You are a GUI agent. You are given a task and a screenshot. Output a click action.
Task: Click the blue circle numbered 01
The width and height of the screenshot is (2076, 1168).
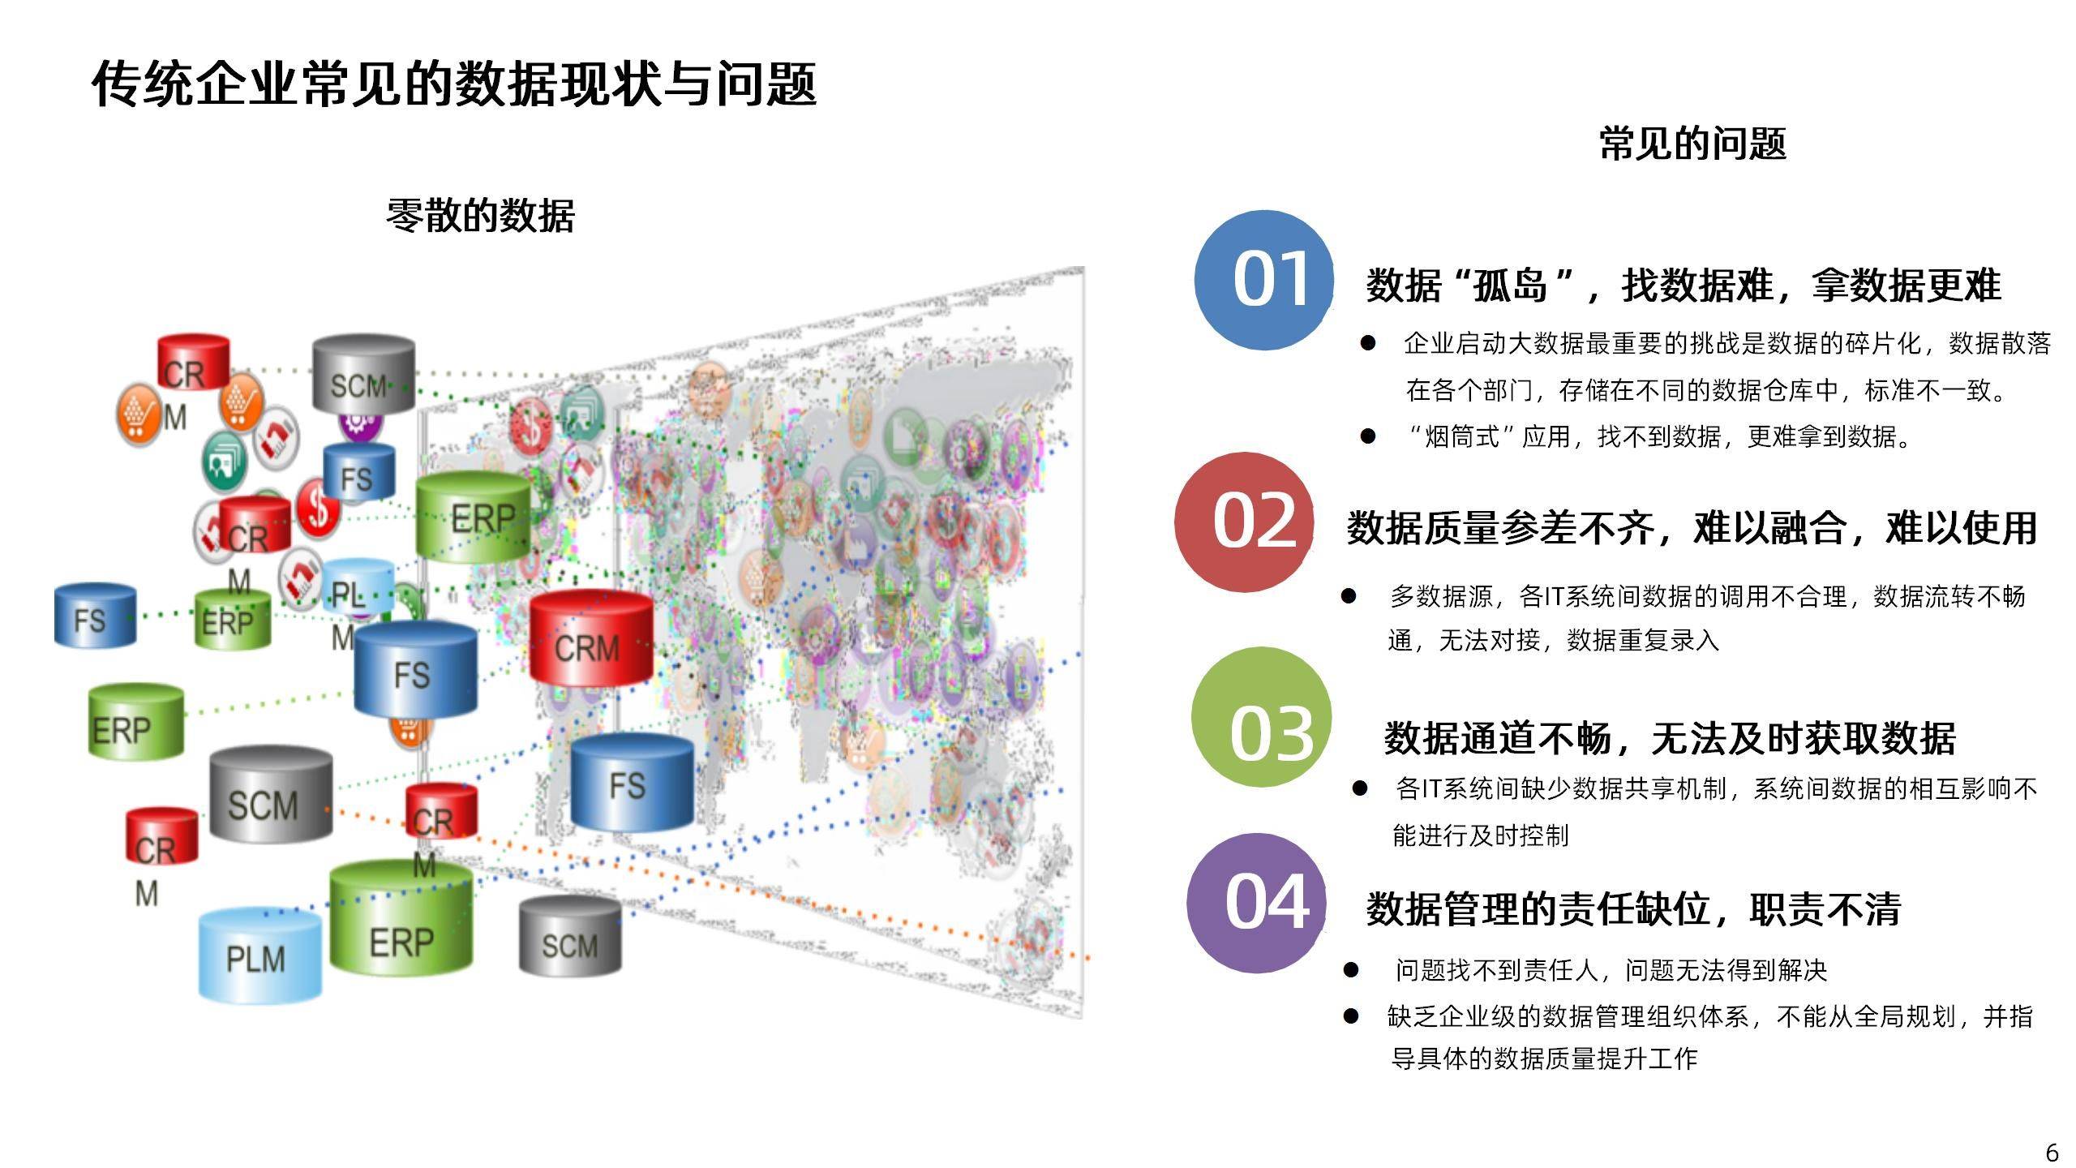pyautogui.click(x=1264, y=280)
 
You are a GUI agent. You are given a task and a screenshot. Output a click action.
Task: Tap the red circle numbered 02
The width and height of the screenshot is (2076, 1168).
pyautogui.click(x=1244, y=522)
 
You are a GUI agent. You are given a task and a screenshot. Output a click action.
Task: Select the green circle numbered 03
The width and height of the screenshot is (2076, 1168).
pyautogui.click(x=1262, y=717)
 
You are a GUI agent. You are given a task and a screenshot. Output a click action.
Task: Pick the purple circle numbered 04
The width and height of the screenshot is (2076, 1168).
pyautogui.click(x=1257, y=903)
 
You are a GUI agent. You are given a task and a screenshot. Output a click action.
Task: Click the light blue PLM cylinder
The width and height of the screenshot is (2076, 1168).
pyautogui.click(x=260, y=954)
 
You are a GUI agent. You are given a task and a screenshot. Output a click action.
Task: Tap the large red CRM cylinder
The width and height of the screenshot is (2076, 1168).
pyautogui.click(x=591, y=638)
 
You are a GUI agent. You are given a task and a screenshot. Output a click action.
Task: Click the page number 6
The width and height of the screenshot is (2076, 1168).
pyautogui.click(x=2052, y=1152)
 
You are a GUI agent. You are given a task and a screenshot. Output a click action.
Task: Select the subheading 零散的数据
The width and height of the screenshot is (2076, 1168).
pyautogui.click(x=480, y=217)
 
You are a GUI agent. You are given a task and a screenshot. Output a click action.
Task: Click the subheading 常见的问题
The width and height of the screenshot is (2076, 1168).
pyautogui.click(x=1692, y=144)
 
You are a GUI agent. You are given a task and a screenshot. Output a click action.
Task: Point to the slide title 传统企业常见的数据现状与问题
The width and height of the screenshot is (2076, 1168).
pyautogui.click(x=454, y=84)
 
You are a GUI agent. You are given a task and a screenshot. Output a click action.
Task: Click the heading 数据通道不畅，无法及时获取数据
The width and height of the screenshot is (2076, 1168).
pyautogui.click(x=1670, y=738)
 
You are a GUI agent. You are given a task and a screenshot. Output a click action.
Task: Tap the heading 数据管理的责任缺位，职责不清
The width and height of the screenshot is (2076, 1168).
pyautogui.click(x=1633, y=908)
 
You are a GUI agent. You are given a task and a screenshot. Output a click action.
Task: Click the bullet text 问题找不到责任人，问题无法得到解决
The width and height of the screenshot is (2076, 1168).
pyautogui.click(x=1611, y=970)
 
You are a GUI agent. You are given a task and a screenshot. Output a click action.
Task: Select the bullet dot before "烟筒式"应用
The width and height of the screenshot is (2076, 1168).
pyautogui.click(x=1368, y=437)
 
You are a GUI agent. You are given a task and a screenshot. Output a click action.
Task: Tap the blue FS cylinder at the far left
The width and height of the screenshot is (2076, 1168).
pyautogui.click(x=95, y=616)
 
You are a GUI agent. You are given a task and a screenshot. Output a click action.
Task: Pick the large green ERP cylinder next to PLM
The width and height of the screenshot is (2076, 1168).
pyautogui.click(x=401, y=917)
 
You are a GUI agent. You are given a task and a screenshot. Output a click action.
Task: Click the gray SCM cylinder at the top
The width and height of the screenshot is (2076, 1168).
pyautogui.click(x=363, y=374)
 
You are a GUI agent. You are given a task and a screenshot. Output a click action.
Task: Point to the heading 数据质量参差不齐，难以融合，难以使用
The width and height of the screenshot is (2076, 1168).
pyautogui.click(x=1692, y=528)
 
